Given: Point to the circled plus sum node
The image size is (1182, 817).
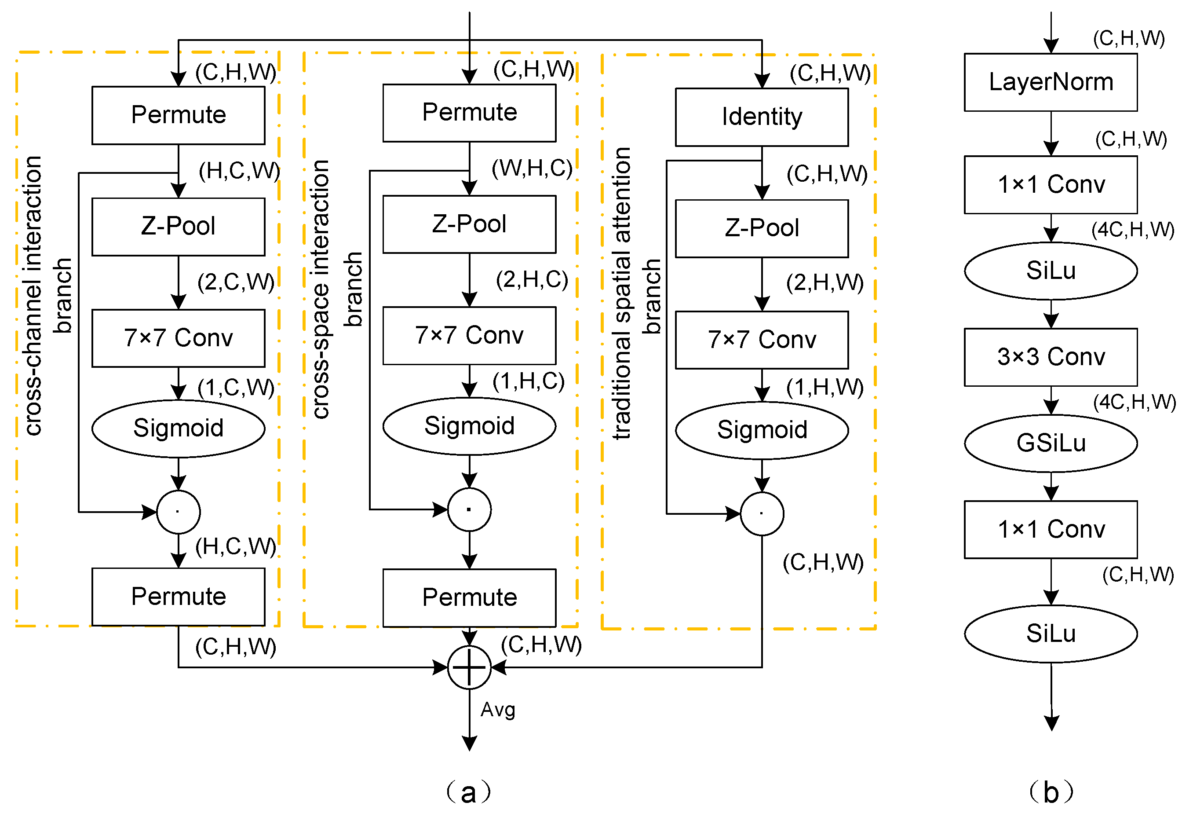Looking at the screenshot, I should point(469,667).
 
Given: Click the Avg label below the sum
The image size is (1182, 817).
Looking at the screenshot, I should point(497,710).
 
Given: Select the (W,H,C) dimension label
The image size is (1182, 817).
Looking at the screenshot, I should point(532,169).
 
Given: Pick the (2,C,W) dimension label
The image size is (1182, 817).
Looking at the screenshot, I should point(236,282).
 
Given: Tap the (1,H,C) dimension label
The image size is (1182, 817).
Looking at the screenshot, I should point(528,381).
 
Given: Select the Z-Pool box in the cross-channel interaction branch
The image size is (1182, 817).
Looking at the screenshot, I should point(178,226).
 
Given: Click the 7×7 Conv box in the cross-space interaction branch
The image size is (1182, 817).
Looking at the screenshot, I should point(469,335).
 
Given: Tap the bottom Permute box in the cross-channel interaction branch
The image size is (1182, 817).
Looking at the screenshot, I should point(178,597).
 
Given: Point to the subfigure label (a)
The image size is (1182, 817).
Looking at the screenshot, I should point(469,792).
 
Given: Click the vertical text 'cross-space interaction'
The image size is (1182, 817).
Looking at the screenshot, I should point(320,289).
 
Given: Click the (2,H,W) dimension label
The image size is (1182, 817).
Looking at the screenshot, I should point(824,282).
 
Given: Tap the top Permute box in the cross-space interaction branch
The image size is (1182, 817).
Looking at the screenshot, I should point(469,113).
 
